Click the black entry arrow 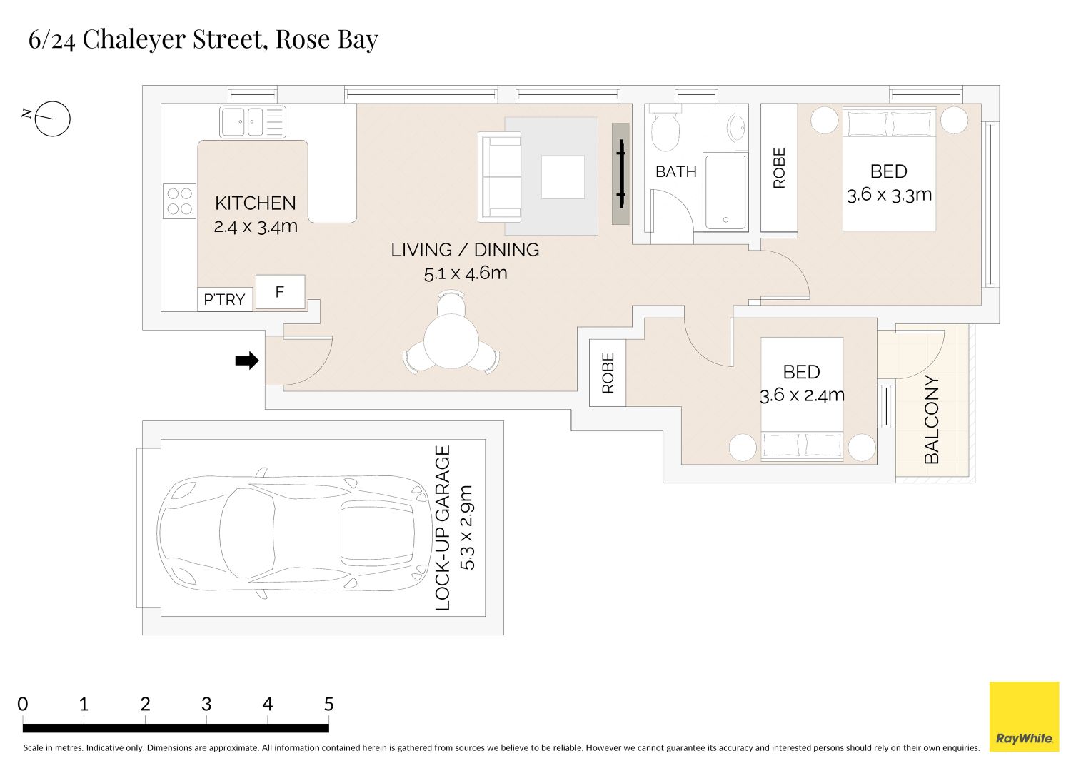tap(246, 361)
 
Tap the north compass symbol tap(52, 119)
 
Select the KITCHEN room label tap(255, 203)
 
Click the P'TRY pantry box tap(224, 299)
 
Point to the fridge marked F tap(280, 292)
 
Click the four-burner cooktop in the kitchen tap(180, 201)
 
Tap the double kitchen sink tap(253, 121)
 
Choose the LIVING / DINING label tap(465, 250)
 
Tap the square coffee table tap(563, 177)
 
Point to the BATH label tap(675, 172)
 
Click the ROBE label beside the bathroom tap(779, 168)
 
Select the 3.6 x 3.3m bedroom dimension tap(889, 195)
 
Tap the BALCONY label tap(932, 420)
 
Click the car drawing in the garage tap(289, 533)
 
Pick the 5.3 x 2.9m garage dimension tap(467, 528)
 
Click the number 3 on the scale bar tap(206, 705)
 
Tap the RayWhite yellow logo tap(1024, 716)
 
